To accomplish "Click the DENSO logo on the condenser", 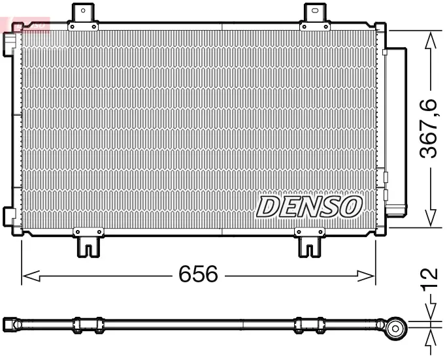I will [x=309, y=206].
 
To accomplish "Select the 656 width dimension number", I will [x=198, y=274].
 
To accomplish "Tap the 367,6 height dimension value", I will [x=429, y=129].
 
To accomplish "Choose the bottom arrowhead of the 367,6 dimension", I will [x=429, y=218].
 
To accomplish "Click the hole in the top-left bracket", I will [x=82, y=10].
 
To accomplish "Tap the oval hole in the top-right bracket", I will [x=316, y=10].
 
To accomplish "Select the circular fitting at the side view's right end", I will [x=394, y=329].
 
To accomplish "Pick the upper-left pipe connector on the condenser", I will [x=9, y=41].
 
